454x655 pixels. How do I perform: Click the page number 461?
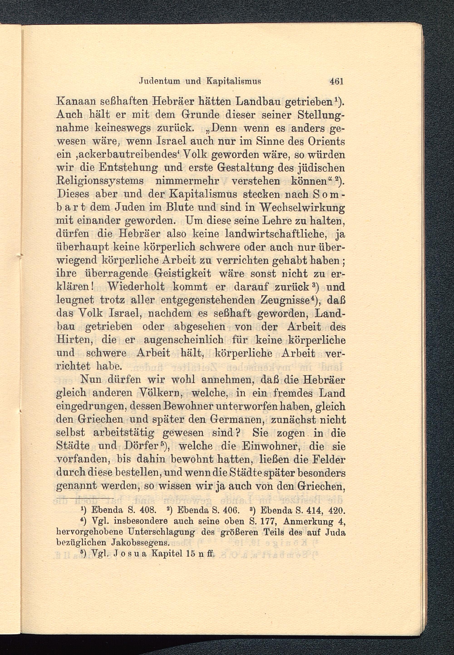[x=336, y=82]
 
